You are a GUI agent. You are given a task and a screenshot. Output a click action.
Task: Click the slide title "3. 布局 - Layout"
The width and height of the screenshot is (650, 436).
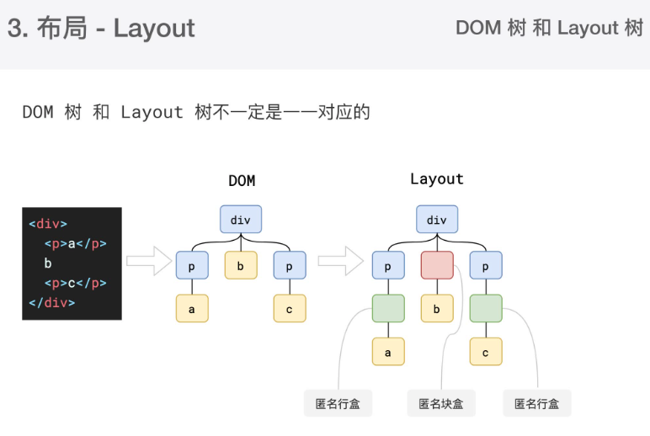(x=102, y=29)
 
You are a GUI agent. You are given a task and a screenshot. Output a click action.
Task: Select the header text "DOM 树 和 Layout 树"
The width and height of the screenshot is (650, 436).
(x=549, y=28)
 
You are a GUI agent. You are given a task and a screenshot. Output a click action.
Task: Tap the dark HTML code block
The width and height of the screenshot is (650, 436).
(x=72, y=263)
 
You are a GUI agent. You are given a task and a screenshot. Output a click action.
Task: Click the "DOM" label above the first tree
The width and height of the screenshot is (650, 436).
(x=242, y=181)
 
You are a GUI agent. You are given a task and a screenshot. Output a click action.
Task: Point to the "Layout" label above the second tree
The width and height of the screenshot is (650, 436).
(x=436, y=179)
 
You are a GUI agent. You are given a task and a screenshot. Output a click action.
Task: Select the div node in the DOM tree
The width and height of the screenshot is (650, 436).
(x=241, y=220)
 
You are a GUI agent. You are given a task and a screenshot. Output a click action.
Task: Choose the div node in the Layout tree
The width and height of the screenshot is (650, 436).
(x=437, y=220)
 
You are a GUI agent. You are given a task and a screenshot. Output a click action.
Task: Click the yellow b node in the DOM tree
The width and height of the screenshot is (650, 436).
(x=241, y=265)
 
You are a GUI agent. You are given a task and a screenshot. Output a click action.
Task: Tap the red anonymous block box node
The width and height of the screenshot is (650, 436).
(x=437, y=265)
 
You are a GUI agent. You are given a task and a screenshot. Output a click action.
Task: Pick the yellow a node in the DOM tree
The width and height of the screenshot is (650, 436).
(x=192, y=309)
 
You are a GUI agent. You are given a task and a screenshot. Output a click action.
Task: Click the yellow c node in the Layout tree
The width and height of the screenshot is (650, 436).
(x=486, y=352)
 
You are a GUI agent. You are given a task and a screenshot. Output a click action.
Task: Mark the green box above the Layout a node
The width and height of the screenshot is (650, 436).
(x=388, y=309)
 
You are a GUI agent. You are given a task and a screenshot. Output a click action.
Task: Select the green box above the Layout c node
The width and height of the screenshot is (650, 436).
(x=486, y=309)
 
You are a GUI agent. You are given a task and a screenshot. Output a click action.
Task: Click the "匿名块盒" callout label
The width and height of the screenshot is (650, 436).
(x=441, y=403)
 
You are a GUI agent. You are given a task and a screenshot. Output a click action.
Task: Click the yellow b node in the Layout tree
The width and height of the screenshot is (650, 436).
(x=437, y=309)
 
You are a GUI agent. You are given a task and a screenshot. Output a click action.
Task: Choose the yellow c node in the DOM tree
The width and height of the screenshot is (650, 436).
(x=290, y=309)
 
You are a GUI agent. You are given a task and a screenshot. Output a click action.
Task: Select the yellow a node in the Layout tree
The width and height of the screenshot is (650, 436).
(x=388, y=352)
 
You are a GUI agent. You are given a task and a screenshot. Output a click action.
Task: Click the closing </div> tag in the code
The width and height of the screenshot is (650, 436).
(x=51, y=302)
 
